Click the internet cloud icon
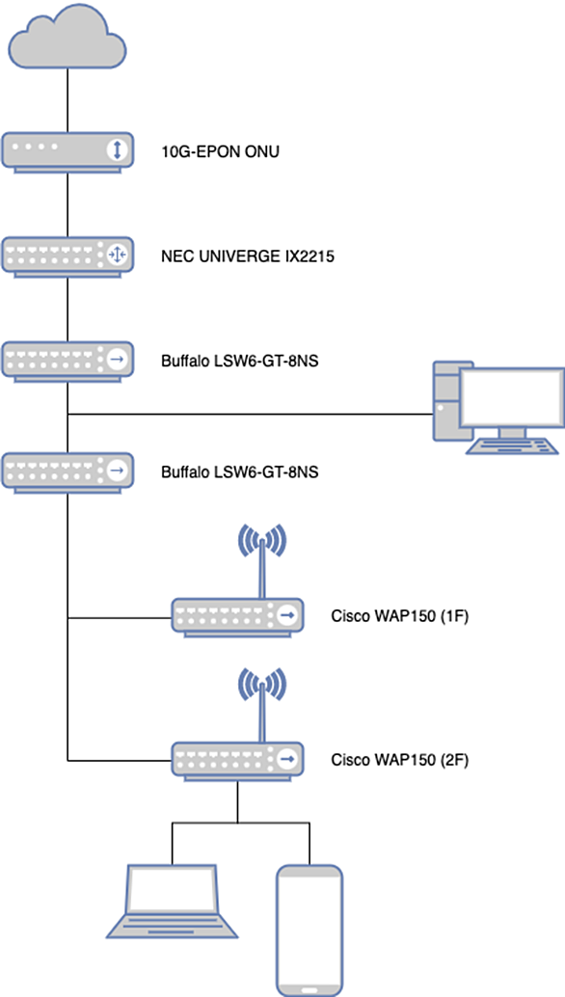tap(67, 36)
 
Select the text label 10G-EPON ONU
tap(220, 152)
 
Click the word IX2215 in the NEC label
tap(310, 256)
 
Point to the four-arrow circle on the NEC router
tap(117, 255)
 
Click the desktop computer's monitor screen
tap(512, 397)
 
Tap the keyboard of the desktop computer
tap(512, 445)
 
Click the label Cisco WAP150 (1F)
tap(400, 616)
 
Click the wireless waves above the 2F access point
tap(261, 685)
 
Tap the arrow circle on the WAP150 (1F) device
tap(287, 615)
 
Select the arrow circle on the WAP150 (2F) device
tap(287, 759)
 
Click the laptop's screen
tap(172, 890)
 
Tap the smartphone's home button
tap(309, 990)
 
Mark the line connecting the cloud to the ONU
tap(67, 100)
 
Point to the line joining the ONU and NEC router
tap(67, 204)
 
